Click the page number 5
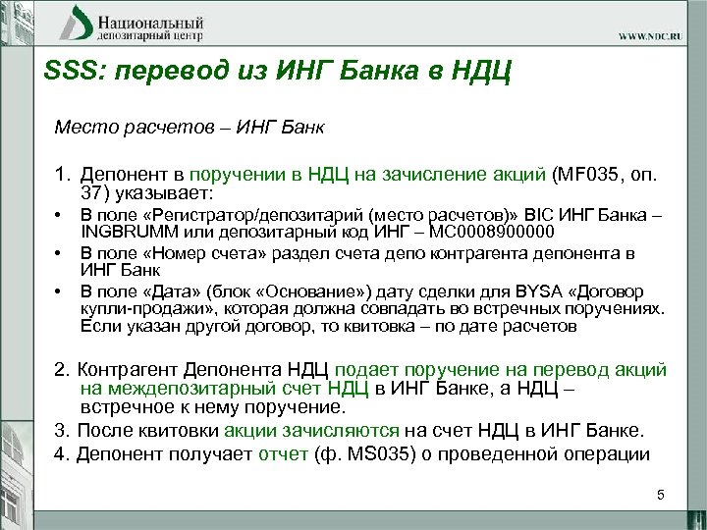[661, 496]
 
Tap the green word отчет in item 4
[283, 453]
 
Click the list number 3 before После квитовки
[61, 430]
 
